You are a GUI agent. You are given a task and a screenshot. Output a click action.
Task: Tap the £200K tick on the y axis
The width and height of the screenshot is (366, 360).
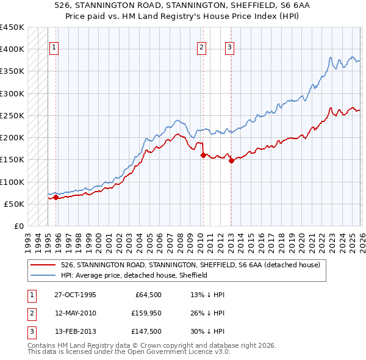(x=12, y=138)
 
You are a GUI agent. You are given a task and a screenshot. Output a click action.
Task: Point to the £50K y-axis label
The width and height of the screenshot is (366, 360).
(x=14, y=204)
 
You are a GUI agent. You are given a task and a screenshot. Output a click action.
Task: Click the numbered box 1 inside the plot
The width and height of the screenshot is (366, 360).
(x=54, y=49)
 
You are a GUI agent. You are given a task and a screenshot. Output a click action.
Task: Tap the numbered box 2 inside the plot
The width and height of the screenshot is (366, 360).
(x=201, y=49)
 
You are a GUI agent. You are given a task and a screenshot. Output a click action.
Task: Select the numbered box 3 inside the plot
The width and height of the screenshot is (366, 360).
(x=230, y=49)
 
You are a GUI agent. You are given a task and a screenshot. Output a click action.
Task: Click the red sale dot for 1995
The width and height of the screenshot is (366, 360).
(x=56, y=197)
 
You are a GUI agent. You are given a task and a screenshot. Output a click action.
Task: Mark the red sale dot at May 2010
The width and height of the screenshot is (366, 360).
(x=203, y=155)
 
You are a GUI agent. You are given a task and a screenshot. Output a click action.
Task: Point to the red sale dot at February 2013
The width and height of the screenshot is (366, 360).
(x=231, y=161)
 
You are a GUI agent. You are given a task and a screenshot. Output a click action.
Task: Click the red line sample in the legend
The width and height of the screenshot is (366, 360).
(x=43, y=265)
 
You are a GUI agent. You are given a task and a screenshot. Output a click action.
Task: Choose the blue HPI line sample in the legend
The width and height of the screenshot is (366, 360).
(x=43, y=275)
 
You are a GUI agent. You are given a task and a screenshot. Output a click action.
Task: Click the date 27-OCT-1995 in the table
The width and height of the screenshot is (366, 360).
(x=75, y=295)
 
